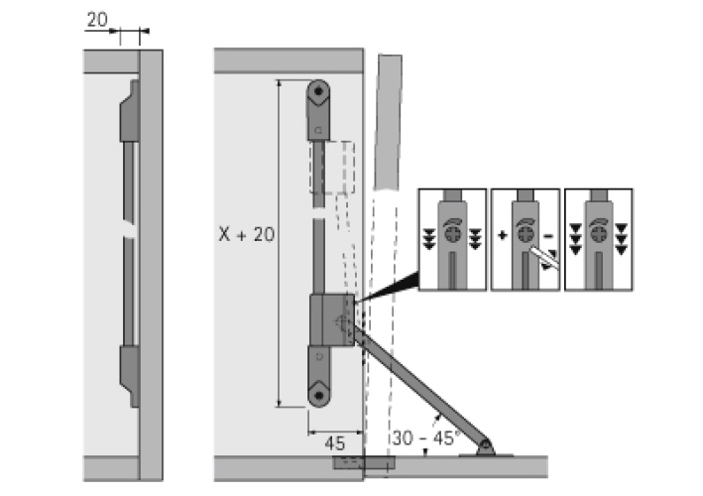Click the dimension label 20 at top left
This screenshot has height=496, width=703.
pyautogui.click(x=97, y=20)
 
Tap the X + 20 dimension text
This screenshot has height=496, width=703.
pyautogui.click(x=248, y=234)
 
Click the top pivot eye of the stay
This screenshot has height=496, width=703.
pyautogui.click(x=317, y=93)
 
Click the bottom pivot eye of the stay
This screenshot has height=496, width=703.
pyautogui.click(x=317, y=394)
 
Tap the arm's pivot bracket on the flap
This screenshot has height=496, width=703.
pyautogui.click(x=485, y=447)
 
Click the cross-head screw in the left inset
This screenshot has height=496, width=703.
pyautogui.click(x=453, y=235)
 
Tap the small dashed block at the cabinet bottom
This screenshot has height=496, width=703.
pyautogui.click(x=346, y=462)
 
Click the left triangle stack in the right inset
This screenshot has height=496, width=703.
pyautogui.click(x=575, y=239)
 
